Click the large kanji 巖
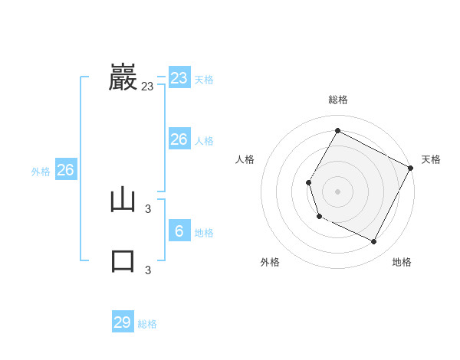point(123,77)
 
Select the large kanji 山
point(123,200)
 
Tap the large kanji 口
point(123,261)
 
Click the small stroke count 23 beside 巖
point(147,87)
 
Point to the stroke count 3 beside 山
point(148,208)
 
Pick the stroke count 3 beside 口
point(148,270)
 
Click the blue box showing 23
point(179,78)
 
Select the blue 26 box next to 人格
point(179,139)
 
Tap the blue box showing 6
point(179,231)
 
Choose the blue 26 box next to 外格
point(65,170)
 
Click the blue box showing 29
point(123,322)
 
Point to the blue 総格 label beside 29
point(147,324)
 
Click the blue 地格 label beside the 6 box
point(204,233)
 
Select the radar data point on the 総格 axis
point(337,131)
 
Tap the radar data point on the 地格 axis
point(373,241)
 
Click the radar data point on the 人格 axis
point(308,182)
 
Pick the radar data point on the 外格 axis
point(319,217)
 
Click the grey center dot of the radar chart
point(337,191)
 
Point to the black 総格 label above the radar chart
point(337,100)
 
